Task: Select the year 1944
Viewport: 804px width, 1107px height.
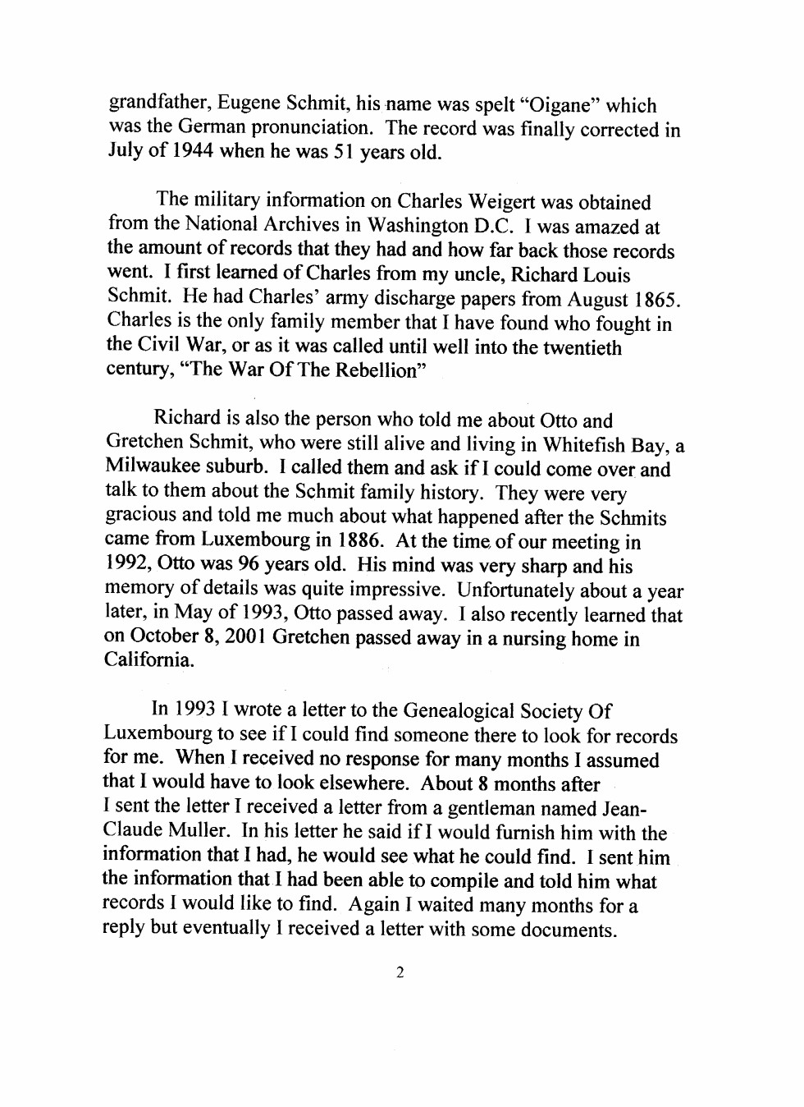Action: (x=192, y=151)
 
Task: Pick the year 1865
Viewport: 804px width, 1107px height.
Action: (x=656, y=300)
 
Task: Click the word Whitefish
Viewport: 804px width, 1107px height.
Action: (x=584, y=444)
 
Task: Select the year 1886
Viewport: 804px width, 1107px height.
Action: (x=359, y=540)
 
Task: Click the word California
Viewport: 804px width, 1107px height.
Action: (x=148, y=660)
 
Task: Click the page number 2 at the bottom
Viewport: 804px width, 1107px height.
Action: (x=400, y=973)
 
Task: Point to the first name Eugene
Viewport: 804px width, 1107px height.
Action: (x=249, y=103)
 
